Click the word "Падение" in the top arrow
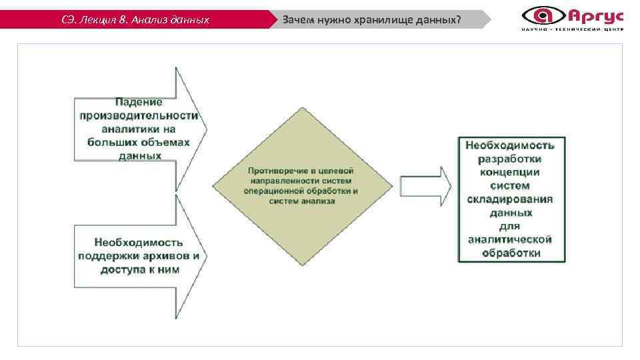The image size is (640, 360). coord(139,102)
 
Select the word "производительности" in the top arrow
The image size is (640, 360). coord(139,115)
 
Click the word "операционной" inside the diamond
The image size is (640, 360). coord(272,191)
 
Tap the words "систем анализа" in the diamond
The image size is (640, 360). coord(302,201)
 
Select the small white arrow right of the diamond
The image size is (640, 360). coord(425,187)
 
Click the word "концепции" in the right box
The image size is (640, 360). coord(511,172)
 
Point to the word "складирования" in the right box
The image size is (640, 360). coord(511,199)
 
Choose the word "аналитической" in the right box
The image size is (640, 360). coord(511,240)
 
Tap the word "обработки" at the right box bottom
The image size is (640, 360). coord(511,253)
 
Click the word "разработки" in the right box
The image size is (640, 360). coord(511,159)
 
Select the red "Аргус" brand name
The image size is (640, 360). coord(595,15)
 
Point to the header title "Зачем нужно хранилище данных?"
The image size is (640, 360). coord(371,19)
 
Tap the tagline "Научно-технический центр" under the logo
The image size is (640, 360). coord(573,30)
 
